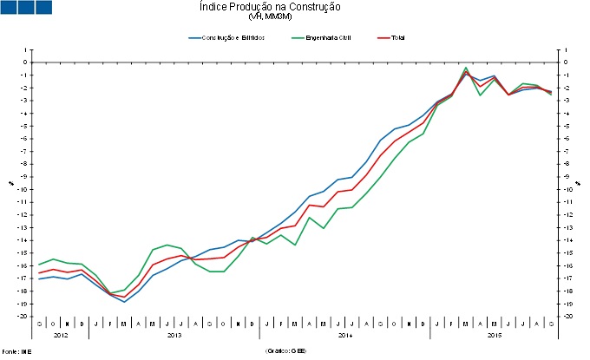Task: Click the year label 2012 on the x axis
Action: (61, 335)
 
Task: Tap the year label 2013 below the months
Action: (174, 335)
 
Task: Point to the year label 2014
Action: (345, 335)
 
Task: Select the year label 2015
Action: (495, 335)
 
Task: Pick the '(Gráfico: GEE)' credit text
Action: (286, 352)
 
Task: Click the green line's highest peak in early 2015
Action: (467, 68)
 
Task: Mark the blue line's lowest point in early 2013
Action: (124, 302)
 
